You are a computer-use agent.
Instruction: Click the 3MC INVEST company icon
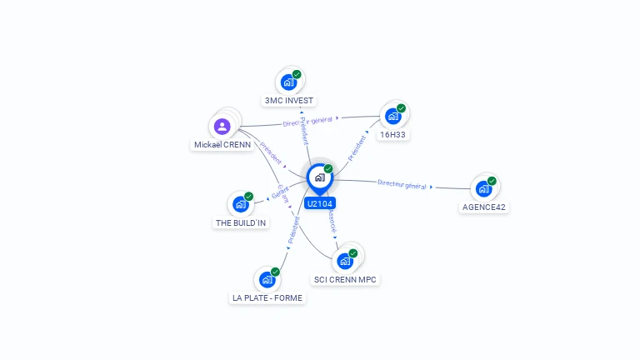tap(288, 82)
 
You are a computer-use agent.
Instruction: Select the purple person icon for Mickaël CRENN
tap(222, 127)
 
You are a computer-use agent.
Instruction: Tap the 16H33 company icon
tap(392, 117)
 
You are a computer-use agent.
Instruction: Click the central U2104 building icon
tap(319, 177)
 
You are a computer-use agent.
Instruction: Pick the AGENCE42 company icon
tap(483, 189)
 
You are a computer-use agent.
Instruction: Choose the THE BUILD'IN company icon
tap(241, 204)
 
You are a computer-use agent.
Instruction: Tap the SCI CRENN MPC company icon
tap(345, 261)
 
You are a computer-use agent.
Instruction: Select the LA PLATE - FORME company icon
tap(267, 280)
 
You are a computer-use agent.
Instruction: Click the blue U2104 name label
tap(319, 203)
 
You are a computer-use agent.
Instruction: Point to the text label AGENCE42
tap(483, 207)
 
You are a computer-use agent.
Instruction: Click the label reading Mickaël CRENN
tap(222, 144)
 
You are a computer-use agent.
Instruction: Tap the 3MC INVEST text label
tap(288, 101)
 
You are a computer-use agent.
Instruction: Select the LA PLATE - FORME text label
tap(267, 297)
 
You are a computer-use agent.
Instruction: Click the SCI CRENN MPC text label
tap(346, 279)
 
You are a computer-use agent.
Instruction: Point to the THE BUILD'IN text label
tap(242, 222)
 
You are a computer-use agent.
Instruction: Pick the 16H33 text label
tap(392, 134)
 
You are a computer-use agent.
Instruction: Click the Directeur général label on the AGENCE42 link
tap(402, 184)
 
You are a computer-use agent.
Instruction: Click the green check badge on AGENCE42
tap(492, 181)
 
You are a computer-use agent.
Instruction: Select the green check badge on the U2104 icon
tap(328, 169)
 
